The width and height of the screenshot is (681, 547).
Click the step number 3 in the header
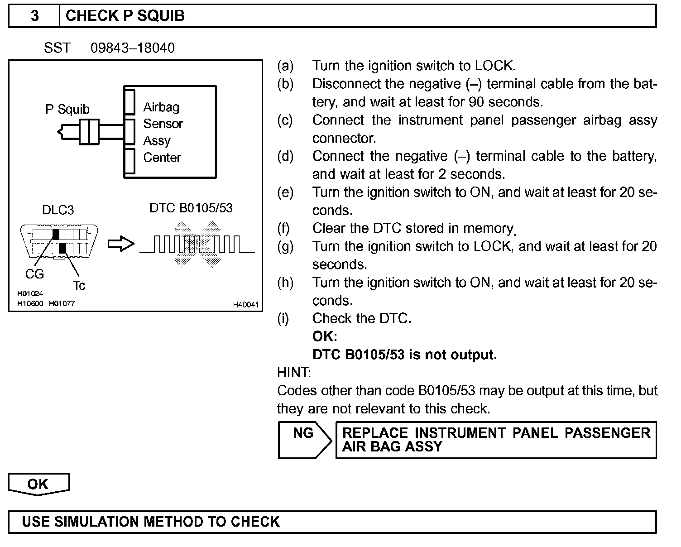coord(35,16)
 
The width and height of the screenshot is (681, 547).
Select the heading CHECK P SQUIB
coord(125,16)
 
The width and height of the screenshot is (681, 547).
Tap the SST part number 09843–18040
coord(132,48)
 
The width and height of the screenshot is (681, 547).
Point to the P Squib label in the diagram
coord(67,109)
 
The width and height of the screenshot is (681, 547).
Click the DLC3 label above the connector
coord(58,210)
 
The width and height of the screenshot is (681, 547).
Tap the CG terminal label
coord(34,274)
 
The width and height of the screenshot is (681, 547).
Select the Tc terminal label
coord(79,285)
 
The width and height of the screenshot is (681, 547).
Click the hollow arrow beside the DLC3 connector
coord(121,245)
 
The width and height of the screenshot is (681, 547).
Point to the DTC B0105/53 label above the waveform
coord(191,208)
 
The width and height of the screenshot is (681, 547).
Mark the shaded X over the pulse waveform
coord(197,245)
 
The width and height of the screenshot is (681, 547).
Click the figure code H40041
coord(246,305)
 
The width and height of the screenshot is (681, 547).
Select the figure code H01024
coord(30,294)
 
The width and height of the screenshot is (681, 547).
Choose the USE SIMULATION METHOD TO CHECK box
coord(332,522)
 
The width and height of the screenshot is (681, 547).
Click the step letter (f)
coord(283,228)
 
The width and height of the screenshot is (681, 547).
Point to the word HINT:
coord(294,373)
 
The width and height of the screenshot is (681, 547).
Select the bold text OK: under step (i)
coord(325,336)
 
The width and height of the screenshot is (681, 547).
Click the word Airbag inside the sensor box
coord(161,107)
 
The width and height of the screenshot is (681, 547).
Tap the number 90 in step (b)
coord(476,102)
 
